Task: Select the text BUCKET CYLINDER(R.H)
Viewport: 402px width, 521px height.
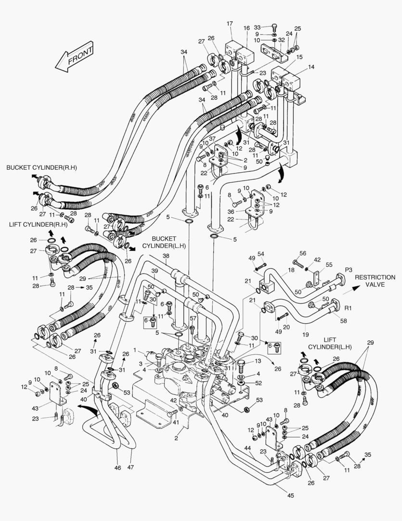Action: (x=42, y=167)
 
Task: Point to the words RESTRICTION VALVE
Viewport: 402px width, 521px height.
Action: (x=376, y=281)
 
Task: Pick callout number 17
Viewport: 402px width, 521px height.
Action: (x=229, y=24)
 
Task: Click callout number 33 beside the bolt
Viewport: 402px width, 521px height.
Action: (x=257, y=27)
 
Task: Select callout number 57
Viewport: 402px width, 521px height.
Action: (x=193, y=318)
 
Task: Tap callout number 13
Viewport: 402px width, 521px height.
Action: (x=258, y=361)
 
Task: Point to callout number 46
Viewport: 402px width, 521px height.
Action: (x=118, y=468)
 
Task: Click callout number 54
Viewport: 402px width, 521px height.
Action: (x=260, y=254)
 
